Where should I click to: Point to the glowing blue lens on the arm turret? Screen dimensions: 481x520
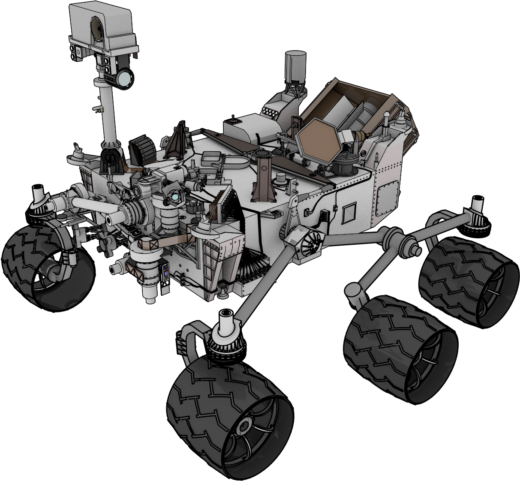pos(175,197)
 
